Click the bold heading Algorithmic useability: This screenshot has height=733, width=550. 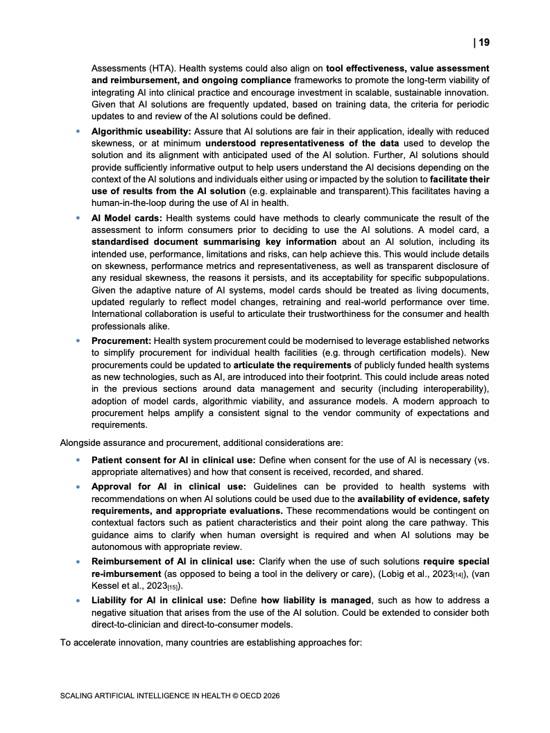[141, 131]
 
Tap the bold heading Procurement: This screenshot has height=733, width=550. [121, 340]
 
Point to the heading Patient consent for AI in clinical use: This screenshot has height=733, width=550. [173, 460]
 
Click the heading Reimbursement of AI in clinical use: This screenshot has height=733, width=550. [173, 561]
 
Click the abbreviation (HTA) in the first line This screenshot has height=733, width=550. [157, 69]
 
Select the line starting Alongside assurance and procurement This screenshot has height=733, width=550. [196, 442]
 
